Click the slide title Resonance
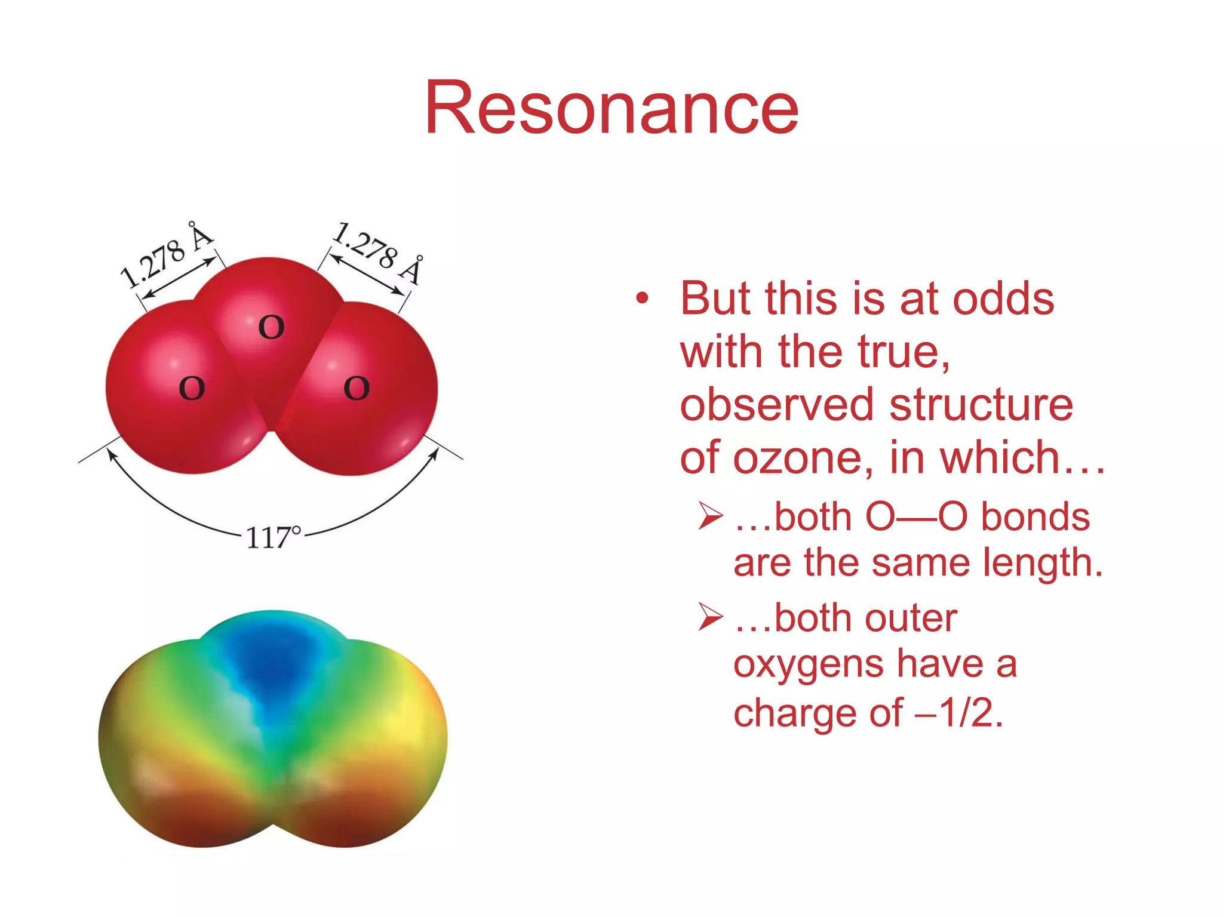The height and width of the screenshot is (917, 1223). (x=611, y=109)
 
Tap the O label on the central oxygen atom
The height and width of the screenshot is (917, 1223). (x=271, y=328)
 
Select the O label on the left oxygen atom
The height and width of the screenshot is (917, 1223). (x=192, y=389)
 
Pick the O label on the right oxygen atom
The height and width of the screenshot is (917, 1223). (x=357, y=389)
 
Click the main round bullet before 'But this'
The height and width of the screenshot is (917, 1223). (x=642, y=298)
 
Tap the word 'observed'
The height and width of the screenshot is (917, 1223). (x=777, y=405)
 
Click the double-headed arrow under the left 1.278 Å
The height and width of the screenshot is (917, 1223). (x=180, y=278)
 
